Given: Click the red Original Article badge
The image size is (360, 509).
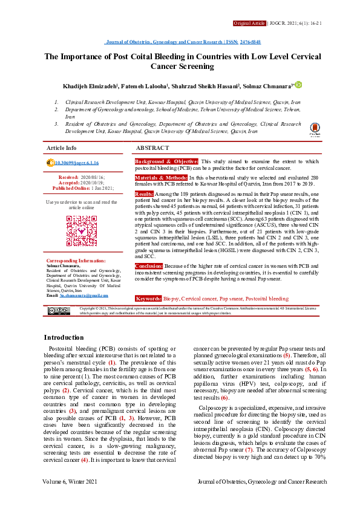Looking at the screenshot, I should (x=249, y=23).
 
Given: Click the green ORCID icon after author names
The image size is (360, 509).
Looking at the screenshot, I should (x=298, y=85).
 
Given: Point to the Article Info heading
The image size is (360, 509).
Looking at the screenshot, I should (x=62, y=148).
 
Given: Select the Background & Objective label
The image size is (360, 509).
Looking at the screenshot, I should (x=166, y=162).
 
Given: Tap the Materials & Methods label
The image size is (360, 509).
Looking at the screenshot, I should (x=161, y=178).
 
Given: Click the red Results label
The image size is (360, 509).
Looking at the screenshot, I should (x=144, y=193).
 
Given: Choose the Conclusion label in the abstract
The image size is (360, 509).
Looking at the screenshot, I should (x=148, y=282).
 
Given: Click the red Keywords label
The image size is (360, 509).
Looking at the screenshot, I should (x=148, y=299).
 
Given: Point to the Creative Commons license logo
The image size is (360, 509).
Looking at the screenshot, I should (x=59, y=311).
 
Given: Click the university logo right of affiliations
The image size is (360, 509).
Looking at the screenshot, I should (x=315, y=129).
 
